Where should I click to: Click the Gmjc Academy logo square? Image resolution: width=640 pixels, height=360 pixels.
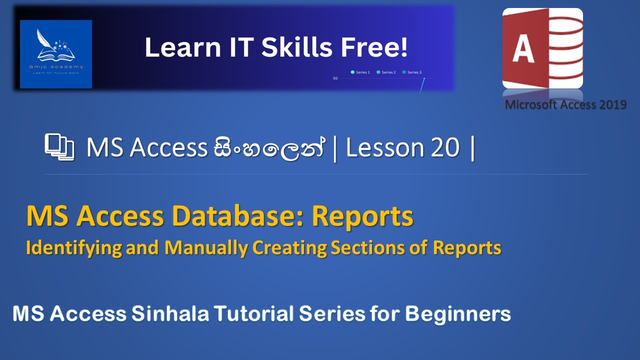56,54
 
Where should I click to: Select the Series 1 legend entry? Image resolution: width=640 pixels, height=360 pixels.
360,72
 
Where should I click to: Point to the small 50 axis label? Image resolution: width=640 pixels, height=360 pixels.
335,78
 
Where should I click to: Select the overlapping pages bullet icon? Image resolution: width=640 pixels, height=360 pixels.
59,147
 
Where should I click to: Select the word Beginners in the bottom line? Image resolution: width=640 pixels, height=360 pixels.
458,314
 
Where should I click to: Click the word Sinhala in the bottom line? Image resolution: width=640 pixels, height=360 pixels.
170,314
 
